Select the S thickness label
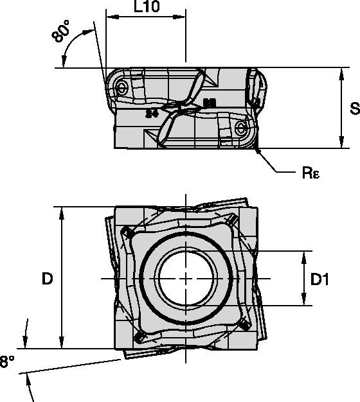353,109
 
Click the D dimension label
47,278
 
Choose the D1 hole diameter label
319,279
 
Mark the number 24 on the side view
151,114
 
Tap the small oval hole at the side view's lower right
242,128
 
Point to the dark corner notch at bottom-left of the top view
138,337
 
